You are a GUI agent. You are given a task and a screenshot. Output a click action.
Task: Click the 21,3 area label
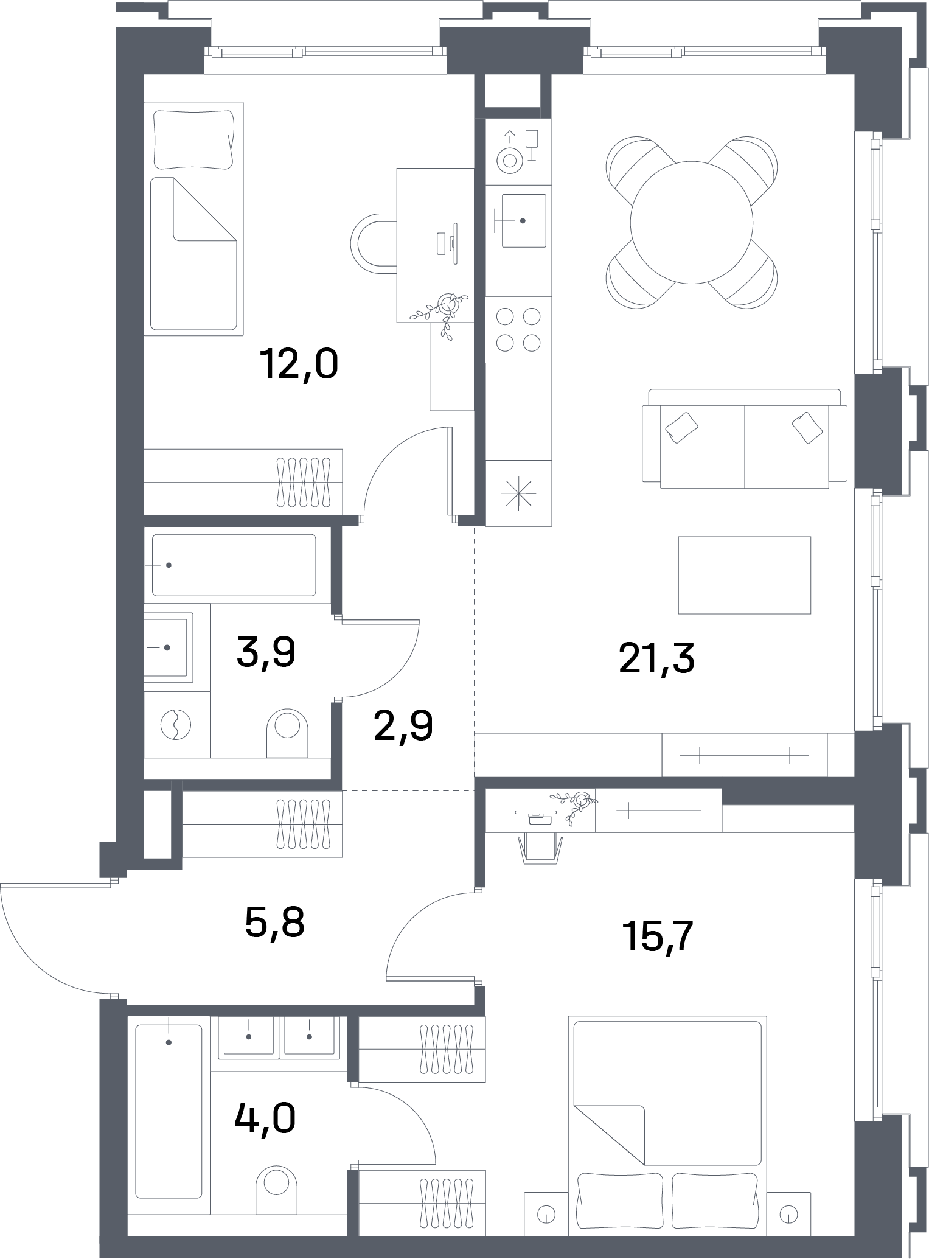[x=656, y=658]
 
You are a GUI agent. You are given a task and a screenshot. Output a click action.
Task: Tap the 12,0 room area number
[x=299, y=364]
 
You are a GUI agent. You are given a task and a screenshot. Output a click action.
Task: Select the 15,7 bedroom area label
[x=657, y=936]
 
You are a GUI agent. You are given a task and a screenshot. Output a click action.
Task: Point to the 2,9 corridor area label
[x=403, y=725]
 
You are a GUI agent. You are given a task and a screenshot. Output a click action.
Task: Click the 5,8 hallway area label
[x=274, y=922]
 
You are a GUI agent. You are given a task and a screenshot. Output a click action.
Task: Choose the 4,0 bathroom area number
[x=265, y=1117]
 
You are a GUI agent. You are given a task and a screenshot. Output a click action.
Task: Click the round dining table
[x=692, y=222]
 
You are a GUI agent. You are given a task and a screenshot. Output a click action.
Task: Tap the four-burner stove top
[x=518, y=330]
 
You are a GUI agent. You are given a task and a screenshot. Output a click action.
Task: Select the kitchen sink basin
[x=523, y=220]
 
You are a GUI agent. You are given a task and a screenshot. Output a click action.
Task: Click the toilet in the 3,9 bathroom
[x=287, y=733]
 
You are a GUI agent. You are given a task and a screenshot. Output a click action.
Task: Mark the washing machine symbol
[x=175, y=725]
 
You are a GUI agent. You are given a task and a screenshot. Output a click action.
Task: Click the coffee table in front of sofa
[x=745, y=575]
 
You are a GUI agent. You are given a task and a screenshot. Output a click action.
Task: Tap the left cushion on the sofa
[x=681, y=427]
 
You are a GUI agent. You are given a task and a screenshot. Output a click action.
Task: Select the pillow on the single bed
[x=193, y=139]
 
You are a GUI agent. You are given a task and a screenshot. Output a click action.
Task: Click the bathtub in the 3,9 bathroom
[x=234, y=565]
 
